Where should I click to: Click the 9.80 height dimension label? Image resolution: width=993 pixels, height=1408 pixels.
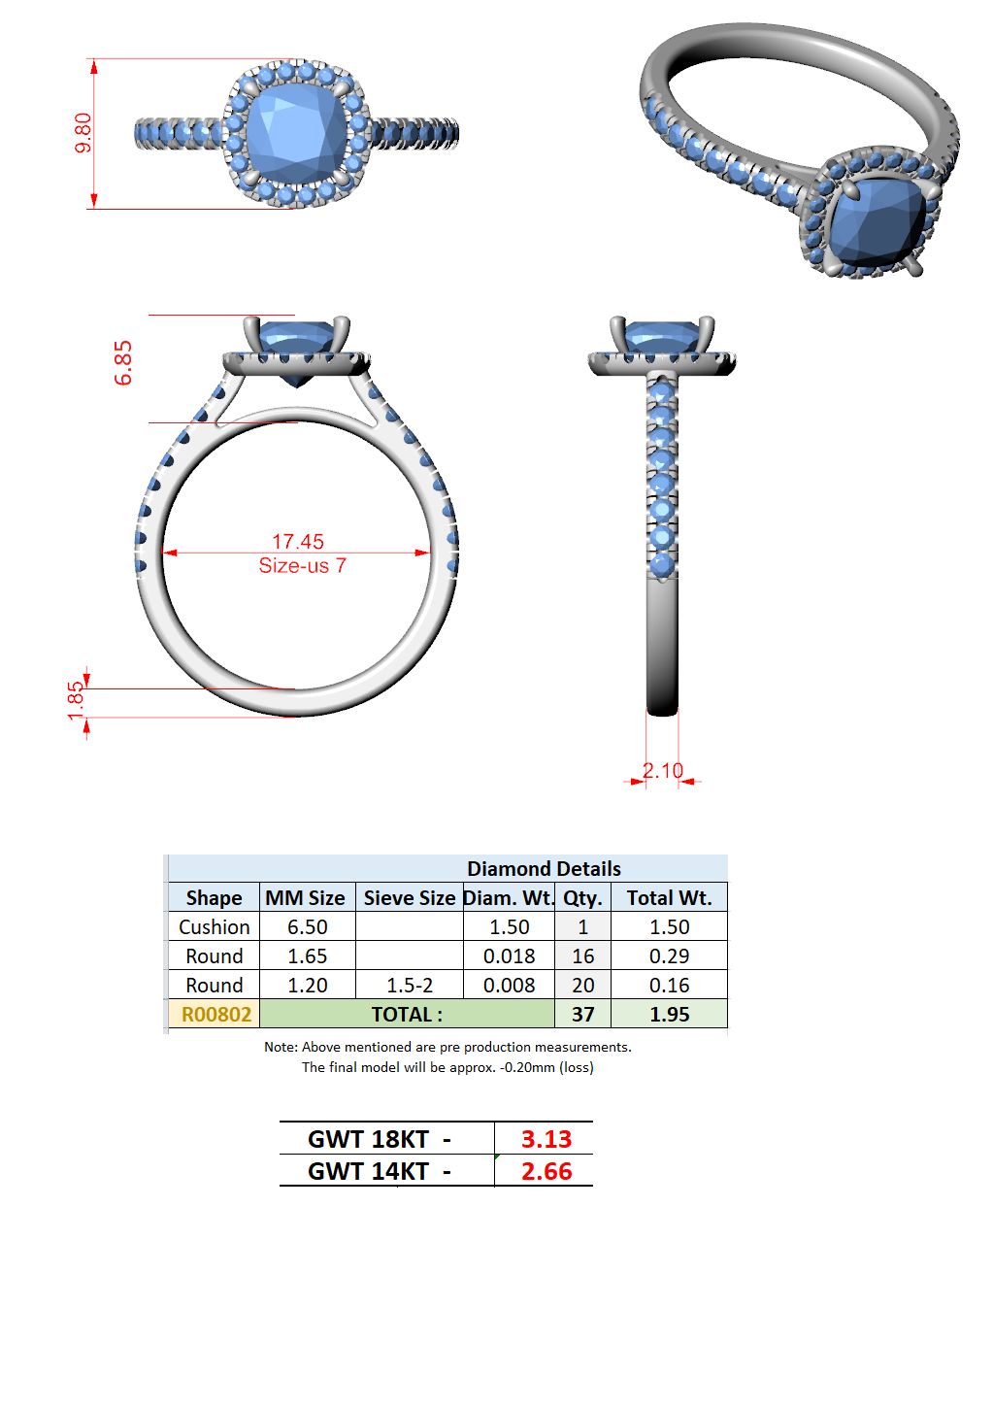(x=83, y=133)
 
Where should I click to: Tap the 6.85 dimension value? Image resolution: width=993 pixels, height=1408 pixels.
(x=123, y=363)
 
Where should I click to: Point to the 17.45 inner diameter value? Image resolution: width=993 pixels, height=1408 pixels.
(x=298, y=541)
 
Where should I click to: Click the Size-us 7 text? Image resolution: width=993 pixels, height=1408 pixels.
(x=302, y=566)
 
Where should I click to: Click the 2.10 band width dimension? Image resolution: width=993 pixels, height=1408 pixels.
(x=662, y=771)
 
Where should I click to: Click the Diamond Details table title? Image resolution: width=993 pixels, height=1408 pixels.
(x=544, y=869)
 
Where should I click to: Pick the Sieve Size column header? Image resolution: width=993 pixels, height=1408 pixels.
(x=410, y=897)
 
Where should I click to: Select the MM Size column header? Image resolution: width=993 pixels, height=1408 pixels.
(x=305, y=897)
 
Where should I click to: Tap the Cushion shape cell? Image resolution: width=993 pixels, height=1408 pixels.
(x=215, y=926)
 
